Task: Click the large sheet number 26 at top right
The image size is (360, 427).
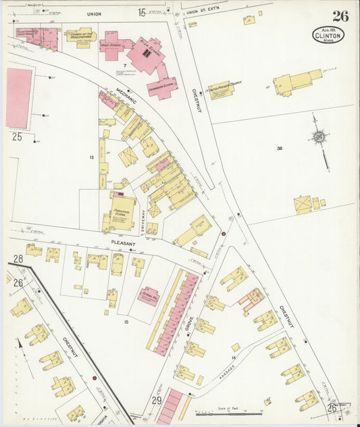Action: tap(340, 16)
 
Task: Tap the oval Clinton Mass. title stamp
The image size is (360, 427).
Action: tap(328, 34)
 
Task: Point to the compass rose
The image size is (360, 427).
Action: tap(319, 136)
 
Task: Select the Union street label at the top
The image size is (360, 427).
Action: tap(94, 14)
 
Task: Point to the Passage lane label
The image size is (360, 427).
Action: tap(228, 372)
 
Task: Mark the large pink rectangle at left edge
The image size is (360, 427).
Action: tap(19, 98)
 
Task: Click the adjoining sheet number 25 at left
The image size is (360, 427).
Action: tap(17, 136)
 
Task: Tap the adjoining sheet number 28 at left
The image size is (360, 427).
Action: tap(18, 259)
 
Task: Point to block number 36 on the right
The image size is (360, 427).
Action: tap(278, 148)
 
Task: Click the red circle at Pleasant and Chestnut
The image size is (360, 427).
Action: tap(224, 234)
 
